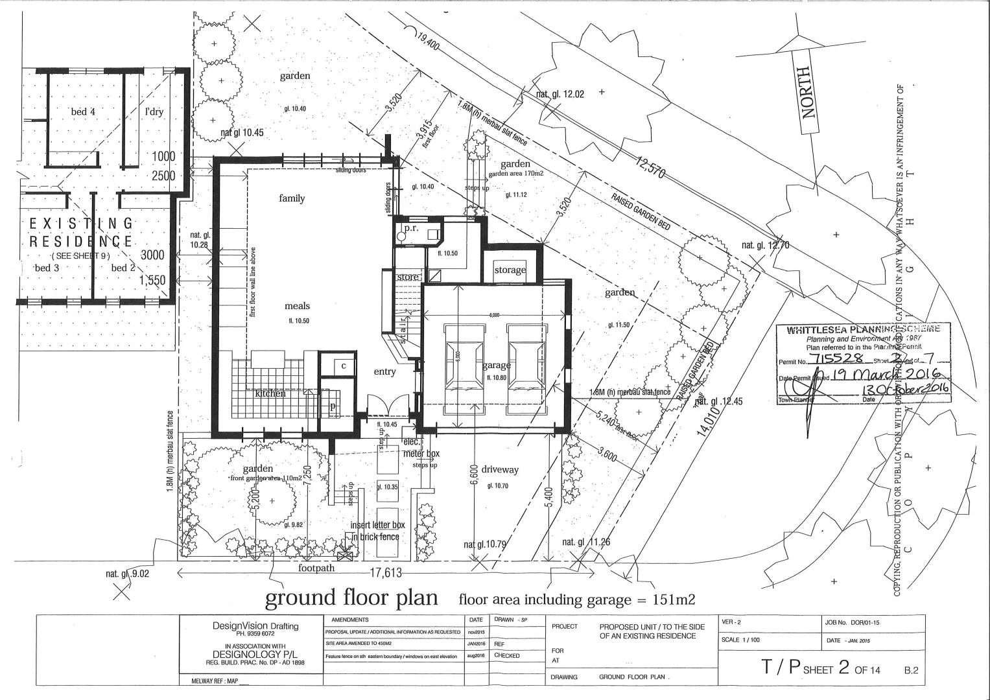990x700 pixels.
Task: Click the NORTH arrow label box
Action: point(807,93)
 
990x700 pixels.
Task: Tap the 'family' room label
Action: point(292,198)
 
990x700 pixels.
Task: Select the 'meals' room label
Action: point(297,306)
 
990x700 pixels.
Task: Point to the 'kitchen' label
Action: point(270,393)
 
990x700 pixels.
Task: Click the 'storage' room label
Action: point(510,270)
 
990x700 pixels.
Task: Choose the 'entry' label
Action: point(384,371)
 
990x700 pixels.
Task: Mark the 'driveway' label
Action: point(500,469)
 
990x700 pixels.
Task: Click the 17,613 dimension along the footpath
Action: point(386,573)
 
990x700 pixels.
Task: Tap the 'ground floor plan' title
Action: point(351,597)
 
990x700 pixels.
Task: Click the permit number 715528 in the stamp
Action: point(838,360)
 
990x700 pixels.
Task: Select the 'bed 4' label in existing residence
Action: point(83,111)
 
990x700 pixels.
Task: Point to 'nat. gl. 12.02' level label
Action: point(560,94)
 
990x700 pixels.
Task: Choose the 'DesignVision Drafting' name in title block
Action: point(255,626)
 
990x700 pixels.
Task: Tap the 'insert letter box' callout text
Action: point(377,525)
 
